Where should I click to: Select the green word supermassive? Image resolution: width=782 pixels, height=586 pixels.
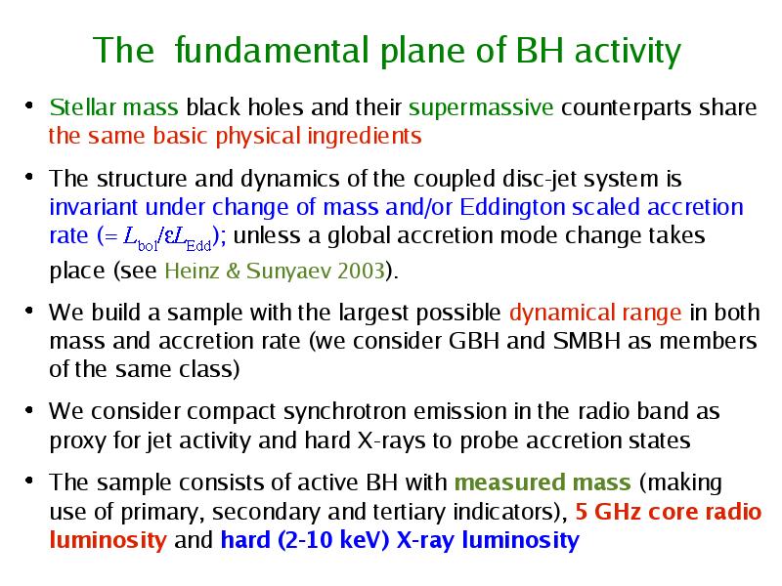[481, 108]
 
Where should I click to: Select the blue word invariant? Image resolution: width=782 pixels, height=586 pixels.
[93, 207]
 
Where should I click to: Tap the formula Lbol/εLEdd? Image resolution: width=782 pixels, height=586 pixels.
[167, 237]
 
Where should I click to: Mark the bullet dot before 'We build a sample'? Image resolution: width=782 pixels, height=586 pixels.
[29, 311]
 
